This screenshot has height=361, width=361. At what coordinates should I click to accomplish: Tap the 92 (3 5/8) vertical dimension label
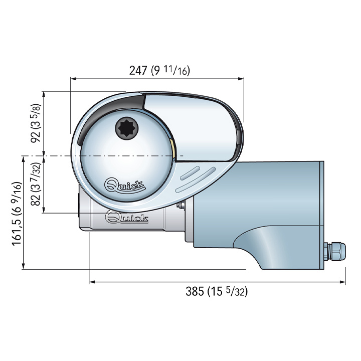[x=36, y=123]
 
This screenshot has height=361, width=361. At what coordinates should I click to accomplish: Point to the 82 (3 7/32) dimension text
[x=36, y=184]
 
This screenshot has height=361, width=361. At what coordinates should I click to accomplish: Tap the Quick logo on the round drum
[x=125, y=186]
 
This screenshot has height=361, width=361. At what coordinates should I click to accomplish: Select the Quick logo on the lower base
[x=127, y=218]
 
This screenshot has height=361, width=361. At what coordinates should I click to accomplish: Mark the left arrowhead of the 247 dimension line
[x=73, y=79]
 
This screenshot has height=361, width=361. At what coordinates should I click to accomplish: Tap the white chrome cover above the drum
[x=191, y=120]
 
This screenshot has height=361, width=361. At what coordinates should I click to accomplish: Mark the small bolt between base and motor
[x=184, y=205]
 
